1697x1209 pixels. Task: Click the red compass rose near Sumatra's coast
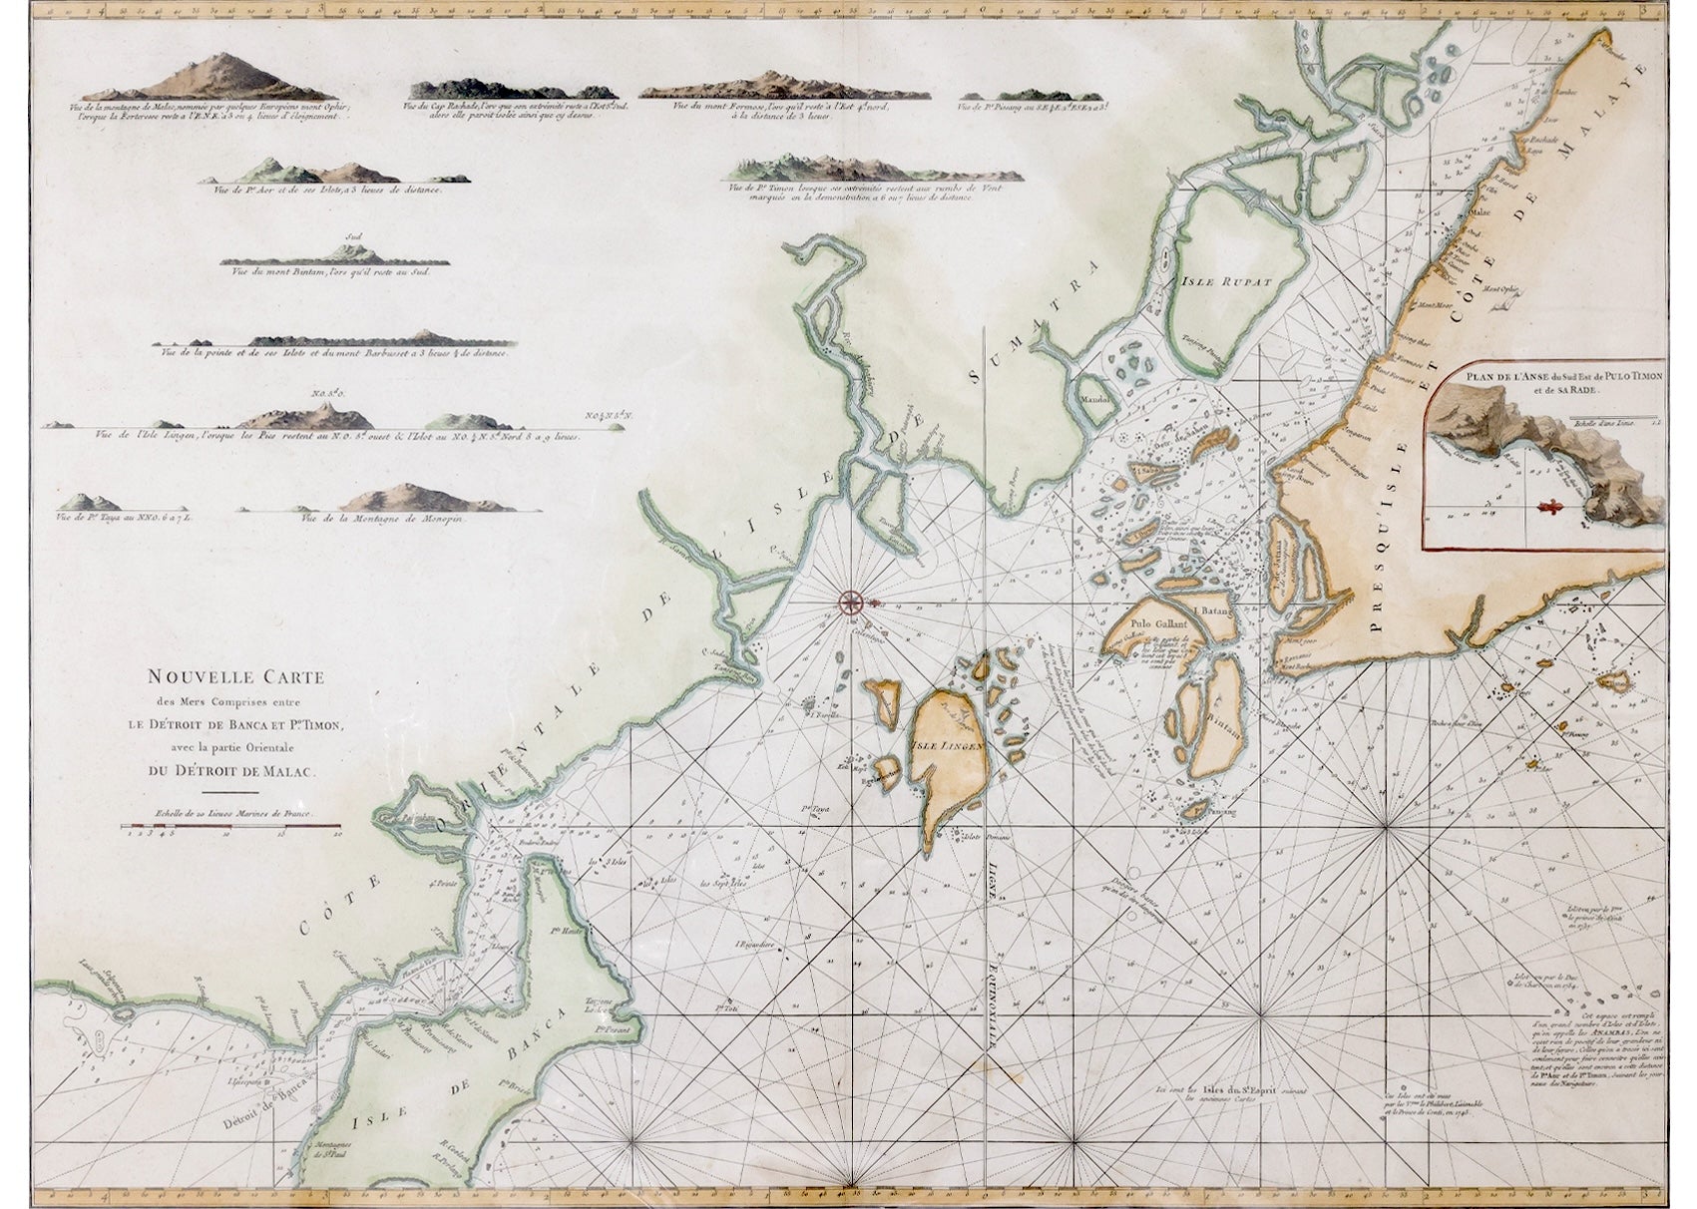coord(850,601)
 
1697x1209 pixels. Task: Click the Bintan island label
coord(1228,729)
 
